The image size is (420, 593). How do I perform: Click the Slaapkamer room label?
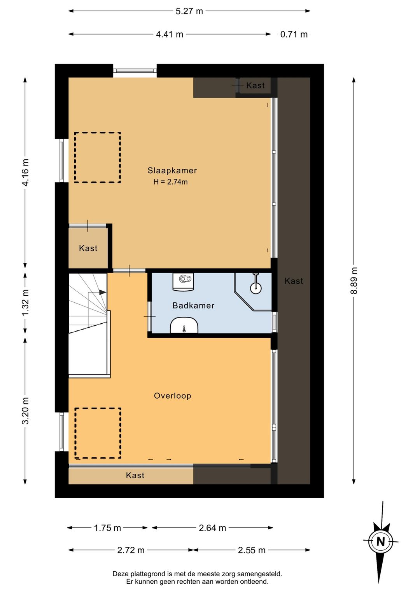(172, 171)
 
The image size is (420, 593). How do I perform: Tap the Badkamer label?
(193, 305)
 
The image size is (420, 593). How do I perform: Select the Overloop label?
(173, 396)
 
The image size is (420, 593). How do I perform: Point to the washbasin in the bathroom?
(184, 325)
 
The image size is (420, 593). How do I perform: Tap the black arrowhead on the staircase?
(103, 292)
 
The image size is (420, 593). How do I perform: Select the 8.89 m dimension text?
(354, 281)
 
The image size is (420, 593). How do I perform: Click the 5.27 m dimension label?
(189, 11)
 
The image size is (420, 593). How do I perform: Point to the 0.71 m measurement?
(294, 35)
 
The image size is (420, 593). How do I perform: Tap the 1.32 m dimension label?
(25, 303)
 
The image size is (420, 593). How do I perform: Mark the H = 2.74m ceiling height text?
(170, 182)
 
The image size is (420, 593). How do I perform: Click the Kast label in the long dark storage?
(294, 281)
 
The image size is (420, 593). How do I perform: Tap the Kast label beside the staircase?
(88, 248)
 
